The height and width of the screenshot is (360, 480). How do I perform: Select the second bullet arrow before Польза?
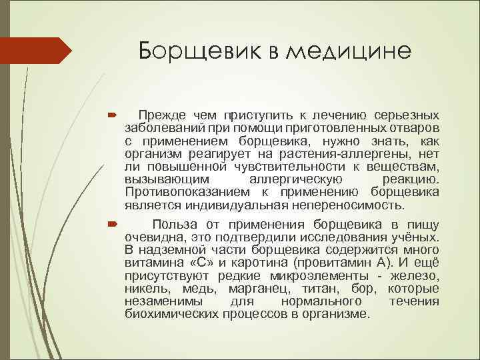(x=112, y=226)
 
